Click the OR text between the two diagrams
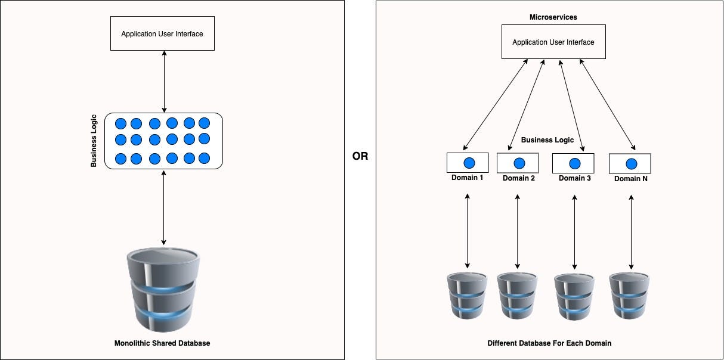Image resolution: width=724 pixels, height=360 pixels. click(360, 157)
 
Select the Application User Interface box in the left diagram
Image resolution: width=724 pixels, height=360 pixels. click(162, 34)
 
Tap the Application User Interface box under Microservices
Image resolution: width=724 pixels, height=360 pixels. click(553, 42)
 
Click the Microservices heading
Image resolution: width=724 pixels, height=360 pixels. click(553, 17)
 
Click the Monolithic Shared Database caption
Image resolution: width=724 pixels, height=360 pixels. click(162, 343)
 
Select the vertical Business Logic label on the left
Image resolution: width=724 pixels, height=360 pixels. click(94, 141)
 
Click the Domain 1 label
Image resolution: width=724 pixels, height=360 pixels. click(468, 178)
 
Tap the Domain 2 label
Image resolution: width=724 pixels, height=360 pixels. click(518, 178)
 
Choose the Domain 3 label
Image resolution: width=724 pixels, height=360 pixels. click(574, 178)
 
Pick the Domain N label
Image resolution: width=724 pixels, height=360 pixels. click(630, 178)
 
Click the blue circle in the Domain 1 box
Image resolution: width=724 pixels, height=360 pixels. click(468, 163)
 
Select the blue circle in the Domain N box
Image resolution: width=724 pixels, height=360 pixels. click(631, 163)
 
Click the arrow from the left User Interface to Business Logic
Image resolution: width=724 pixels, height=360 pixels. click(164, 82)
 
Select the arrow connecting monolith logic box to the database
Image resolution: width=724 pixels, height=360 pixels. click(164, 207)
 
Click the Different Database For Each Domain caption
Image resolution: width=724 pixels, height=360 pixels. click(549, 343)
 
